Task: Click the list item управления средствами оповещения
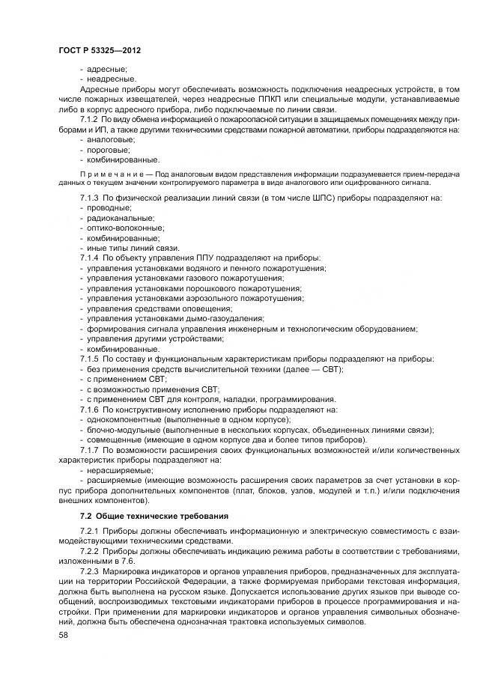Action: [x=159, y=308]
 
